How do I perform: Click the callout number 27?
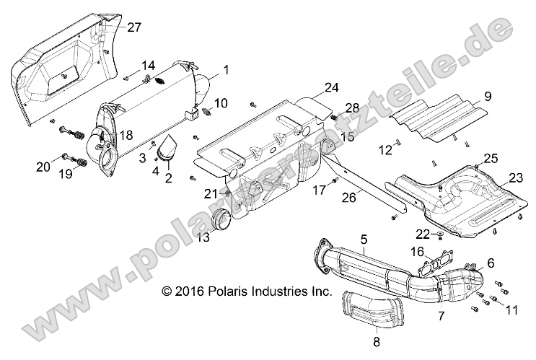134,27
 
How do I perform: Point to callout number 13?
204,237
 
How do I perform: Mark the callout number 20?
43,167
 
